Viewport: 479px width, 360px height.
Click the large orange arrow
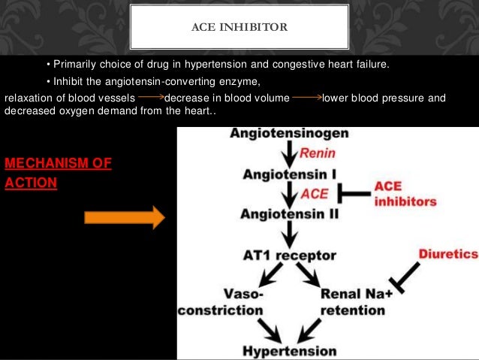pos(124,218)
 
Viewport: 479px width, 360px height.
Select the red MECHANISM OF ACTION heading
pos(58,172)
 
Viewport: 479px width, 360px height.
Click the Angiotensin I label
pos(288,174)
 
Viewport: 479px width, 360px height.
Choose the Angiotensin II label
pos(289,214)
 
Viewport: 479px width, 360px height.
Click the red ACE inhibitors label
pos(405,194)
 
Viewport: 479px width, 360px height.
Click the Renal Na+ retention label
pos(357,301)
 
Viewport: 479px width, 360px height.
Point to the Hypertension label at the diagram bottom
pos(289,350)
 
